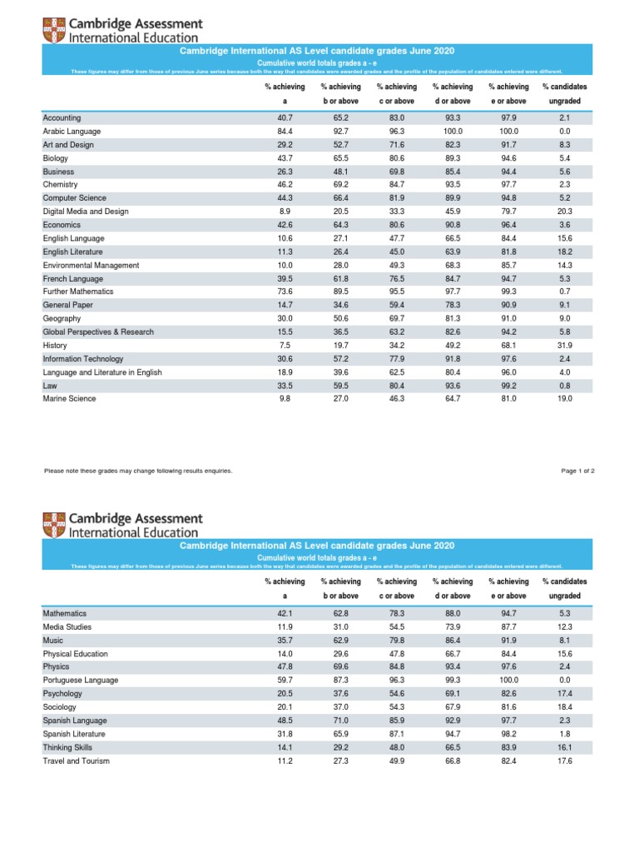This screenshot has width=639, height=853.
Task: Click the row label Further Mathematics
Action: [x=78, y=292]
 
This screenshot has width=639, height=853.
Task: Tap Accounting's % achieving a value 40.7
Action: [x=285, y=118]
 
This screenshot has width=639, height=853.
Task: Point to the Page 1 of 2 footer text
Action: [x=578, y=471]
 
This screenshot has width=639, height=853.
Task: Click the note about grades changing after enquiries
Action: [x=137, y=471]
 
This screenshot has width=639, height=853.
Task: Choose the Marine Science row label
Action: [x=69, y=398]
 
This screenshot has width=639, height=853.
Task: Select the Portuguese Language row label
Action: [x=80, y=680]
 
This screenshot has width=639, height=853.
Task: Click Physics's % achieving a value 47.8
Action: [x=285, y=666]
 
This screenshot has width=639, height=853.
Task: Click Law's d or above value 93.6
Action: [x=453, y=385]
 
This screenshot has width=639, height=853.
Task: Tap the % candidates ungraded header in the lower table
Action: [x=564, y=588]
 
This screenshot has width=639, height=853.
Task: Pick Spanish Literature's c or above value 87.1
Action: [x=396, y=734]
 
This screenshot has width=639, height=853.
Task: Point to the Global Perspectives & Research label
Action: [x=98, y=332]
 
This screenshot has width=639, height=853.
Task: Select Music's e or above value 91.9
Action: [x=508, y=640]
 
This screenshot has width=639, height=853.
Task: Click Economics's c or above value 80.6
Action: [x=396, y=225]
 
